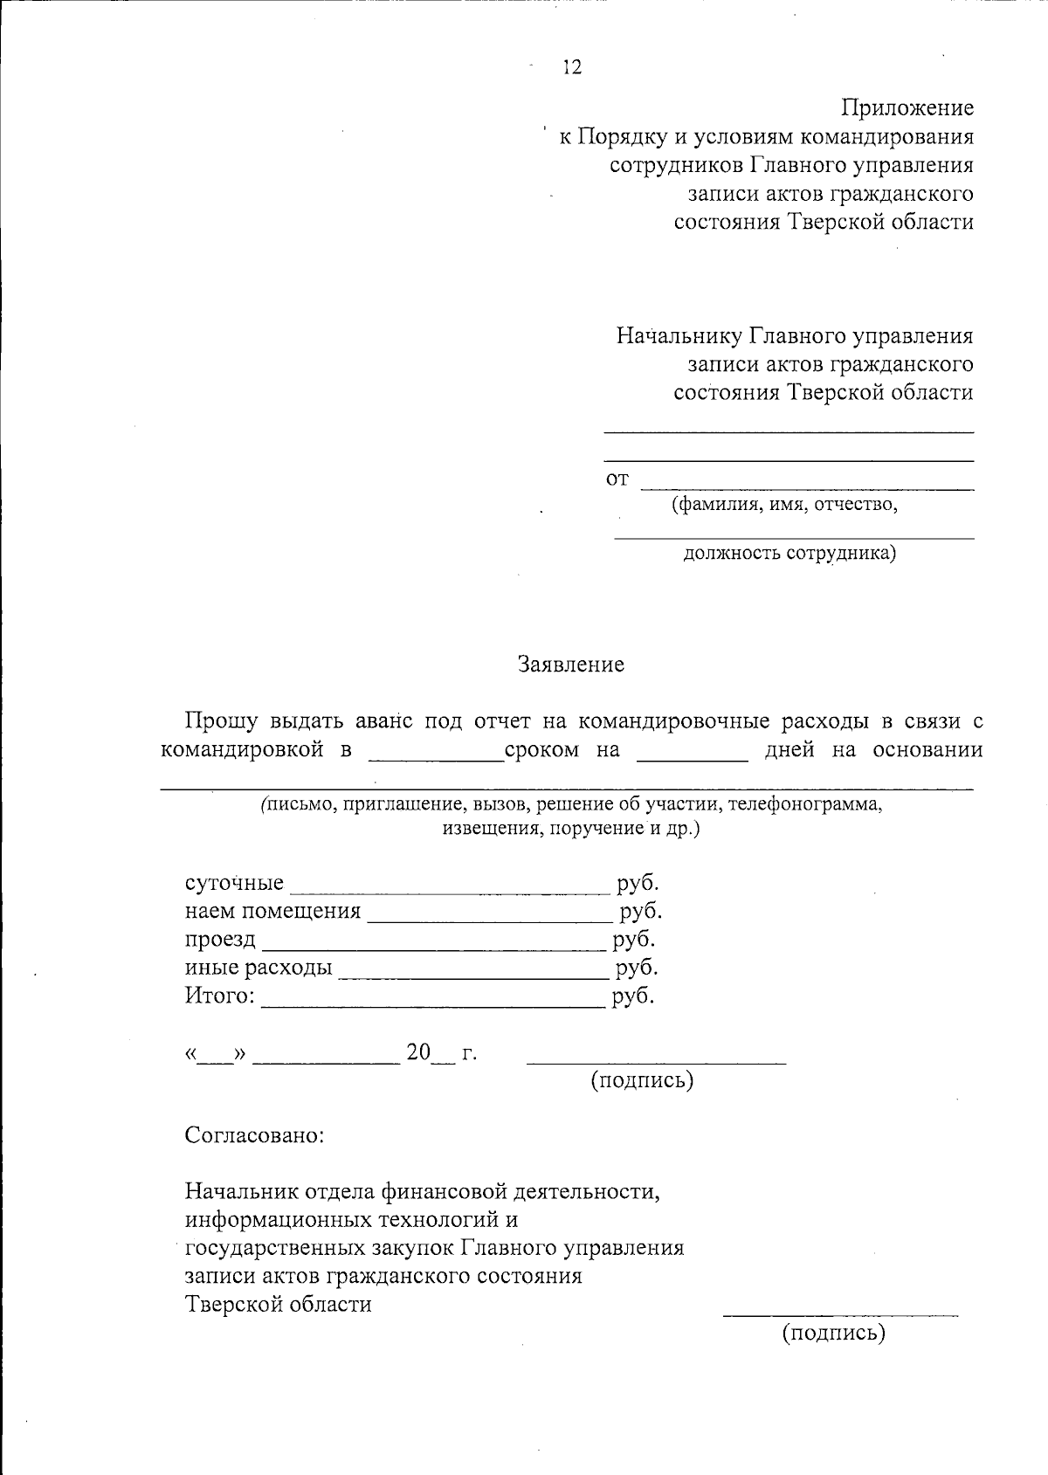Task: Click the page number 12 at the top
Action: point(572,68)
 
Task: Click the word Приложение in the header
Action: point(907,108)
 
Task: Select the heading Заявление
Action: point(572,665)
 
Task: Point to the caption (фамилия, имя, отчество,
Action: point(783,504)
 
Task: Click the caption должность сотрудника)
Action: point(789,553)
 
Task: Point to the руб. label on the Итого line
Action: point(633,996)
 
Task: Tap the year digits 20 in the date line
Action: point(418,1052)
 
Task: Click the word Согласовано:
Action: point(254,1135)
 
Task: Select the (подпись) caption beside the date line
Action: point(642,1080)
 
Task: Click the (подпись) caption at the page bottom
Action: point(833,1333)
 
